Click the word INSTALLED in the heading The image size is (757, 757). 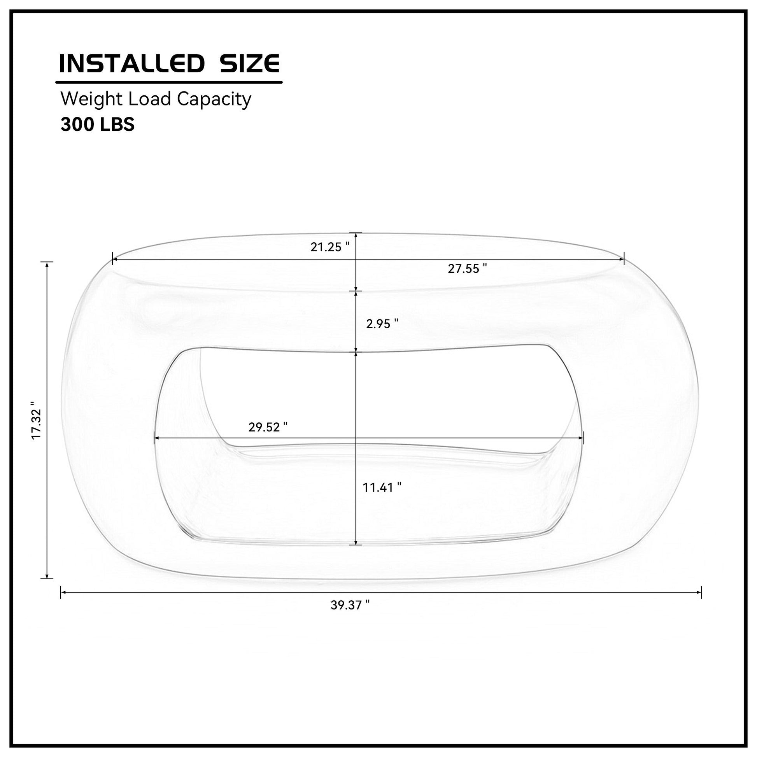131,63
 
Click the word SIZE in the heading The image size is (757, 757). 250,63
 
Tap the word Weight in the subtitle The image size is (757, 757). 92,100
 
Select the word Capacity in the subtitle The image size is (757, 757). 214,100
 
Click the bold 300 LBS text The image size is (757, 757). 98,124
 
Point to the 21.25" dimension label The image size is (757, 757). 330,247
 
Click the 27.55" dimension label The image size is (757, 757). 468,268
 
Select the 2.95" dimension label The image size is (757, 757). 382,324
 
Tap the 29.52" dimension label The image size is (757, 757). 268,427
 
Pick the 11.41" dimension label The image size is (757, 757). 382,487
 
